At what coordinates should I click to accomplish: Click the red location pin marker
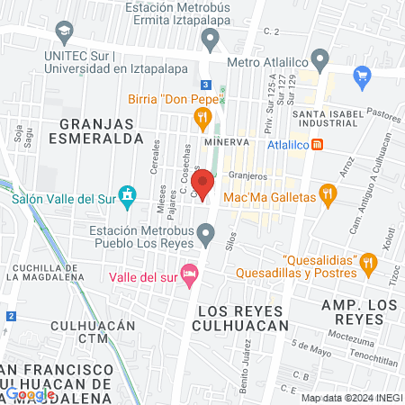203,184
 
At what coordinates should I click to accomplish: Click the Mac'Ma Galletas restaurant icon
328,194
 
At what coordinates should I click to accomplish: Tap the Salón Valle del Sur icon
128,193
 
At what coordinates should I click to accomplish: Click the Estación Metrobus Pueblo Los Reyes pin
208,237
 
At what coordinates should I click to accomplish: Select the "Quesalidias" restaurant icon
367,263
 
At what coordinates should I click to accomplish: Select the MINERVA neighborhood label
224,142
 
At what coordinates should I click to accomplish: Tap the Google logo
30,393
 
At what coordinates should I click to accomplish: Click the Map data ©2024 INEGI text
350,397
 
